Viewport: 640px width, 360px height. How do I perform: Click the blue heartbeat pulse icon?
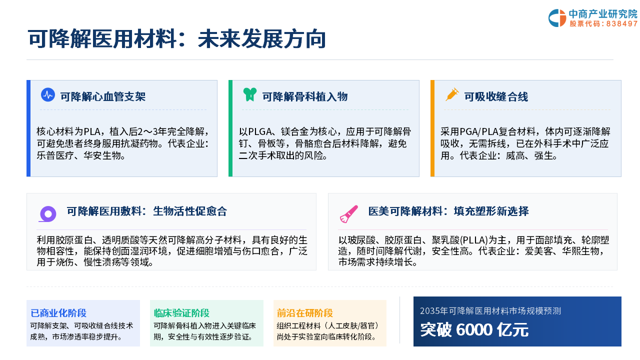tap(48, 95)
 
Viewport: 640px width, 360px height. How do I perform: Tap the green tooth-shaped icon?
tap(249, 94)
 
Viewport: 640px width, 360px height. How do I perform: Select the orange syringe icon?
tap(452, 94)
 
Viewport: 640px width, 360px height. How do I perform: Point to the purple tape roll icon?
tap(47, 214)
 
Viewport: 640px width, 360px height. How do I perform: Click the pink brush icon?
tap(349, 214)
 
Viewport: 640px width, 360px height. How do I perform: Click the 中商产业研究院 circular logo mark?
tap(557, 18)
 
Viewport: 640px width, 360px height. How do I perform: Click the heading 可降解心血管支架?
tap(103, 97)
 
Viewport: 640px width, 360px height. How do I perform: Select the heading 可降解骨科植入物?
tap(305, 97)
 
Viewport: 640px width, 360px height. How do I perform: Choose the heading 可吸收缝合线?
tap(496, 97)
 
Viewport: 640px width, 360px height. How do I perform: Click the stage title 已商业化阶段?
tap(58, 313)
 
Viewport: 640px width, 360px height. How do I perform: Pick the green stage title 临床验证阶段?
tap(181, 313)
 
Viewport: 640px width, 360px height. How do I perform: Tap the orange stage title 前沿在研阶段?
tap(305, 313)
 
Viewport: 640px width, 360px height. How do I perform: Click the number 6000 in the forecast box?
tap(474, 329)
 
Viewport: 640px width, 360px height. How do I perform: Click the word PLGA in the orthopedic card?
tap(259, 131)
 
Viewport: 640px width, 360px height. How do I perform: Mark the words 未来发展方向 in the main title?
tap(261, 39)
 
